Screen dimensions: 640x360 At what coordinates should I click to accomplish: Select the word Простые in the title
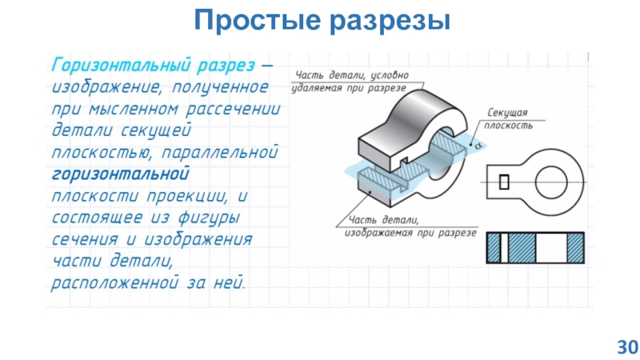pyautogui.click(x=254, y=18)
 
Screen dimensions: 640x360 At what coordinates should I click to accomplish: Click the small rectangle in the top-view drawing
pyautogui.click(x=503, y=182)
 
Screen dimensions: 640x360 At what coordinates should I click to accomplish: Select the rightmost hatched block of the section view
pyautogui.click(x=575, y=248)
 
